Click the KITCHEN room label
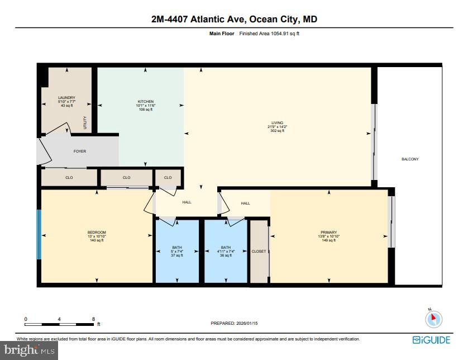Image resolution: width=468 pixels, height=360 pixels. point(145,102)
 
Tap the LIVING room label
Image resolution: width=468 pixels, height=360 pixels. point(277,123)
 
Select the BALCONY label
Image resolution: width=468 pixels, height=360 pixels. point(410,159)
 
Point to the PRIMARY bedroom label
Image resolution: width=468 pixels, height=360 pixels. point(328,233)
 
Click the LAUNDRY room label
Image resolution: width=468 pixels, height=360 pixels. point(66,98)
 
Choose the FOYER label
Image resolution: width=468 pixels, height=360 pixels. point(80,151)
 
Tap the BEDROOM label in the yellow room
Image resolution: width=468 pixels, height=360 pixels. point(96,233)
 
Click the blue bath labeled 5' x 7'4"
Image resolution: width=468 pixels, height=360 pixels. point(176,248)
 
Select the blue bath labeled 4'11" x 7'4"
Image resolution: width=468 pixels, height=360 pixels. point(226,248)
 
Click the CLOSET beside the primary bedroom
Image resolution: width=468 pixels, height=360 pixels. point(259,252)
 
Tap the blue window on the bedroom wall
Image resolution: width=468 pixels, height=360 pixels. point(39,235)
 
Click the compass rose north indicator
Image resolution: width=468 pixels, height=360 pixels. point(433,319)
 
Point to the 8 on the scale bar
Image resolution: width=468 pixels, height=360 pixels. point(93,319)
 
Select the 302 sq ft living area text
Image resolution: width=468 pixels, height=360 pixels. point(277,130)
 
